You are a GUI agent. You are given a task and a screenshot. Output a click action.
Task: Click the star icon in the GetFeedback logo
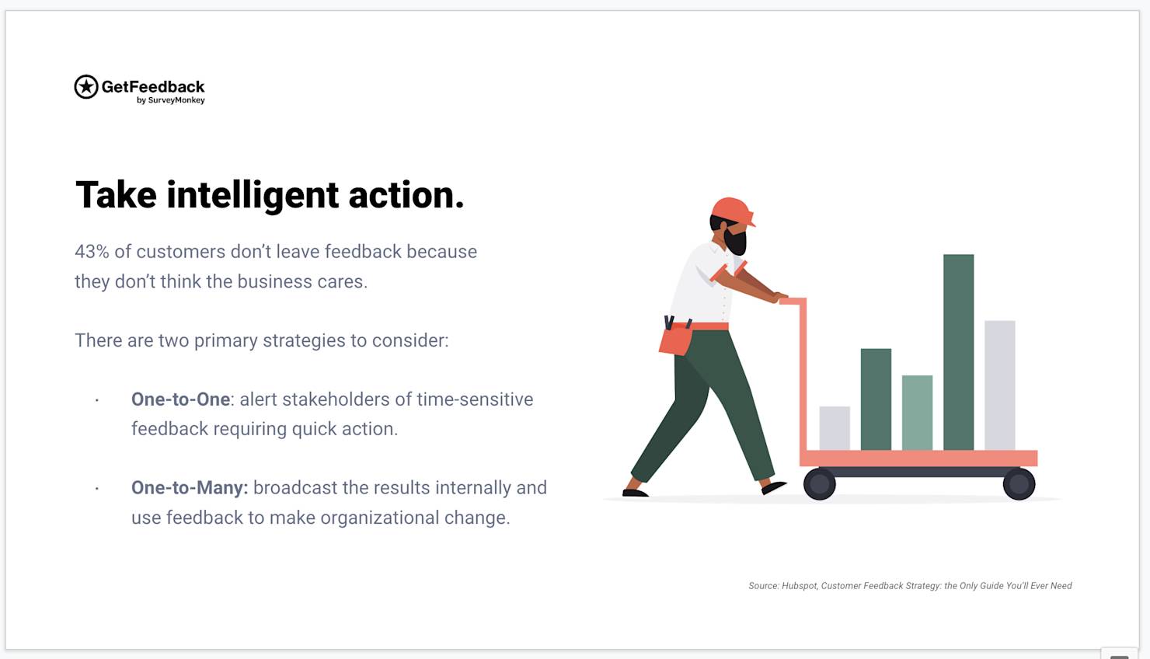point(86,87)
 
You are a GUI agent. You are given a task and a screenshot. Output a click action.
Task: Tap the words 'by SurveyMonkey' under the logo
point(170,100)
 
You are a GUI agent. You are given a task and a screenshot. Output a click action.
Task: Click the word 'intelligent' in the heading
point(253,195)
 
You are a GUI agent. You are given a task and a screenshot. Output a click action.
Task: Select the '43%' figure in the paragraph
point(92,252)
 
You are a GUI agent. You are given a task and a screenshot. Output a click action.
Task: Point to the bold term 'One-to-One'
point(181,399)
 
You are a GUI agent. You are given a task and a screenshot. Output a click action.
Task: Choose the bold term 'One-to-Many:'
point(190,487)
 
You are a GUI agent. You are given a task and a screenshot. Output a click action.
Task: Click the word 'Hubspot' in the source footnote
point(799,585)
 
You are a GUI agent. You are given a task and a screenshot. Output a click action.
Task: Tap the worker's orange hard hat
point(733,211)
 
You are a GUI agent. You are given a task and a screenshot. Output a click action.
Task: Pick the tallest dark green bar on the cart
point(959,352)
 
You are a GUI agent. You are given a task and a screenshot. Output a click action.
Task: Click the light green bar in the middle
point(918,413)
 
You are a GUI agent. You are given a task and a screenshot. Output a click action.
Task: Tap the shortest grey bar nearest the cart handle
point(835,428)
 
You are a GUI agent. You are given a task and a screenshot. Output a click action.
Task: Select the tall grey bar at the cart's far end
point(1000,385)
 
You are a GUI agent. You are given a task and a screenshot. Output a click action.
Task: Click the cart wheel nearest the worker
point(819,484)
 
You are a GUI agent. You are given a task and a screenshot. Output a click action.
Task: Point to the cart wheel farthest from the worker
point(1019,484)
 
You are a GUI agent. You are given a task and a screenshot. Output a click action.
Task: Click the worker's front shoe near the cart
point(774,487)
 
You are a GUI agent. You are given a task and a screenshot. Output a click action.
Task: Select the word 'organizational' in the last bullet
point(380,518)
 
